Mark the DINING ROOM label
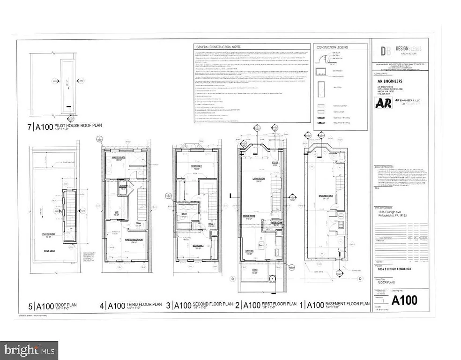(248, 216)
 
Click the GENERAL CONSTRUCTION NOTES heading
(220, 47)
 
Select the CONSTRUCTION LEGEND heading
(333, 47)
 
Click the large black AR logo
(383, 103)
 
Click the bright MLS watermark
(29, 350)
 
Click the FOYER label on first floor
(275, 164)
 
